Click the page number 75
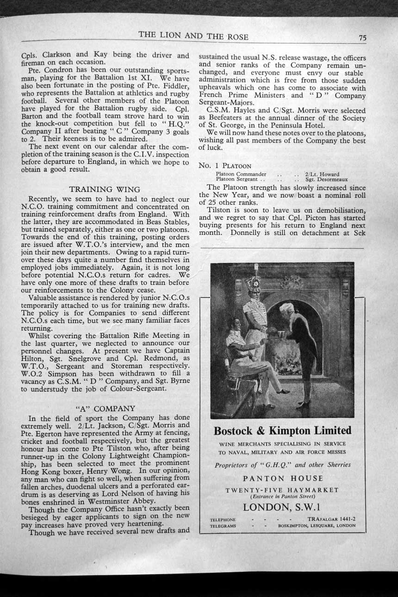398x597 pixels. (x=362, y=38)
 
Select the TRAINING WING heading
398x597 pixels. (x=105, y=189)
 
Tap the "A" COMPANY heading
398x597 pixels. (x=106, y=409)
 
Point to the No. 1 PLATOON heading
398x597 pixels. (x=225, y=165)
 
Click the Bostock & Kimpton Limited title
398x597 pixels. (x=282, y=431)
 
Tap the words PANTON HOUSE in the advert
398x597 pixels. (x=283, y=478)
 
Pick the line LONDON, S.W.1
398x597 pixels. (x=282, y=507)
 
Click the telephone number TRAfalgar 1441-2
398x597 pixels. (x=331, y=519)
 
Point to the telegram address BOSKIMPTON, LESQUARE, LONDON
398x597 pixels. (x=317, y=526)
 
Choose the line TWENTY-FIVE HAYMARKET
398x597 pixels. (x=282, y=490)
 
